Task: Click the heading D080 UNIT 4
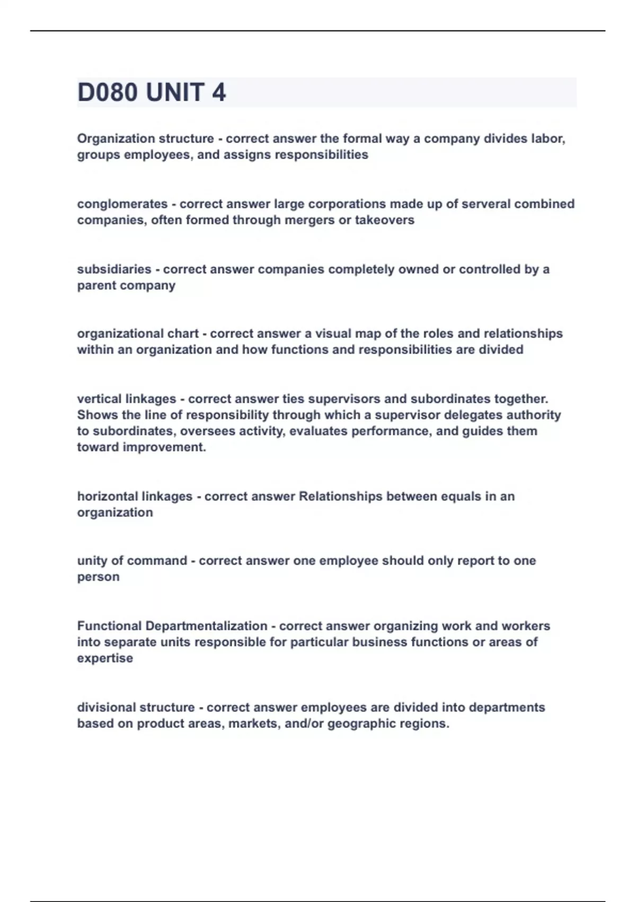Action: coord(152,92)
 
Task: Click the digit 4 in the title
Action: coord(219,92)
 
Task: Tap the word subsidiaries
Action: coord(114,270)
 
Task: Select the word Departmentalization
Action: coord(206,626)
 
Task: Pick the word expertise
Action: coord(105,658)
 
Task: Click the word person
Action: coord(98,577)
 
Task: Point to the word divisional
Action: coord(109,708)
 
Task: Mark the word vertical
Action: coord(100,399)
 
